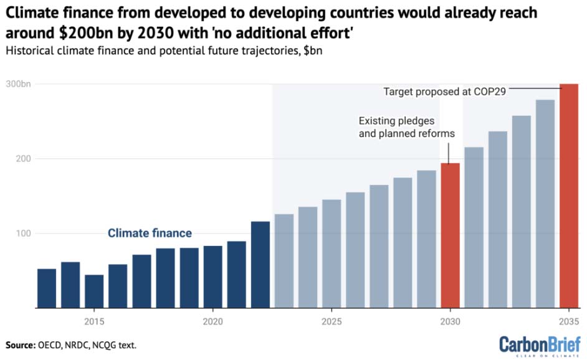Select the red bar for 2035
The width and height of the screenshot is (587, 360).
[x=569, y=196]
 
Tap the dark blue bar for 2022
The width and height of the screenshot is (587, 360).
[x=260, y=265]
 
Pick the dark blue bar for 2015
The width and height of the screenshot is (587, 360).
[x=94, y=291]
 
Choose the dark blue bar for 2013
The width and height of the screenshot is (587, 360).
[x=47, y=288]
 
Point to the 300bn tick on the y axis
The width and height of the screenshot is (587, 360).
[x=19, y=84]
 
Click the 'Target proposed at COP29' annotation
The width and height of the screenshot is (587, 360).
[x=444, y=92]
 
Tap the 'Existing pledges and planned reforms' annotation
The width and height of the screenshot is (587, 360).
[x=406, y=127]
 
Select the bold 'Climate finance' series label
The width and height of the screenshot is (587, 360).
[x=150, y=233]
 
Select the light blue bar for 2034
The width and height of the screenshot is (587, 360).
[x=545, y=204]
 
